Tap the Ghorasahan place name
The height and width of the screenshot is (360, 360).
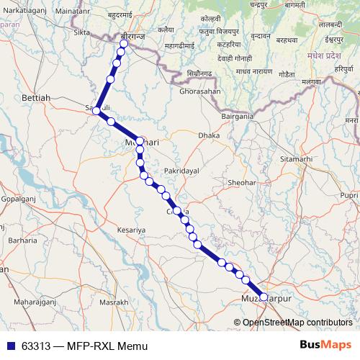(x=200, y=92)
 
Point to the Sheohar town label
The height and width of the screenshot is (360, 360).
(x=241, y=184)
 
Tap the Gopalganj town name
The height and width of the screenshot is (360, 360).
(x=19, y=197)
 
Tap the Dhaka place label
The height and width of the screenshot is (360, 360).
(x=210, y=135)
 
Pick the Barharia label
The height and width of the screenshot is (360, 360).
(x=23, y=240)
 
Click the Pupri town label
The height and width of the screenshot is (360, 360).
(x=349, y=195)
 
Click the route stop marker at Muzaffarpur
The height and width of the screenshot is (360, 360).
(x=263, y=297)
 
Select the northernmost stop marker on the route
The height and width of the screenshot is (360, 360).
(x=124, y=44)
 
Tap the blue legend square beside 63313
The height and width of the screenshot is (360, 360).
(x=9, y=346)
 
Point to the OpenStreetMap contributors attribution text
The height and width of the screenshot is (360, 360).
(x=297, y=323)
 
